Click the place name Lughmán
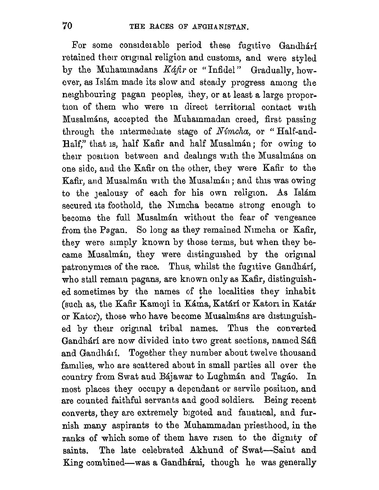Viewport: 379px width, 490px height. point(222,377)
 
